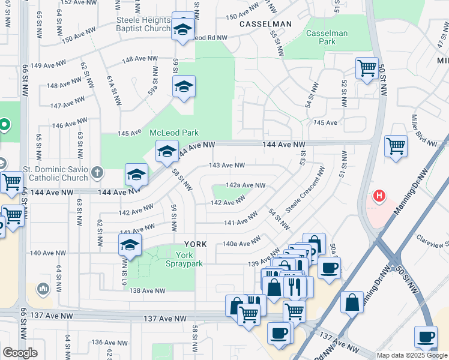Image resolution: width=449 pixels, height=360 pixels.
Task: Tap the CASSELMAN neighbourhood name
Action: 265,24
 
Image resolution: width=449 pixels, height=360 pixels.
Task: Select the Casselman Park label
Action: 327,38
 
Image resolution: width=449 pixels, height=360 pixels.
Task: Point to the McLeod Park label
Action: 174,133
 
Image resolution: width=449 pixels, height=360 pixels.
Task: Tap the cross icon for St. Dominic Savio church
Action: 98,174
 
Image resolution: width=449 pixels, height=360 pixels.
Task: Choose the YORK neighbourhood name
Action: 195,244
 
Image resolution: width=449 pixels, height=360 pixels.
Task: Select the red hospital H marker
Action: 379,195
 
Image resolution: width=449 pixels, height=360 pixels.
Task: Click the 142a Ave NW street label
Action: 245,185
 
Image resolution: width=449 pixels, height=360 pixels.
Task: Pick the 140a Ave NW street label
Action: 241,243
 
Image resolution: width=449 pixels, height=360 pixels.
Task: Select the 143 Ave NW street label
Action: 226,165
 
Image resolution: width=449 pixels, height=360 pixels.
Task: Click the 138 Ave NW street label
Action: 147,290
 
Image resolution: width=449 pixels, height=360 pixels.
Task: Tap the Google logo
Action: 20,352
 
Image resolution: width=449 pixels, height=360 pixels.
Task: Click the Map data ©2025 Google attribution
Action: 411,355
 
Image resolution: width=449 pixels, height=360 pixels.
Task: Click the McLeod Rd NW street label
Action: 210,37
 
